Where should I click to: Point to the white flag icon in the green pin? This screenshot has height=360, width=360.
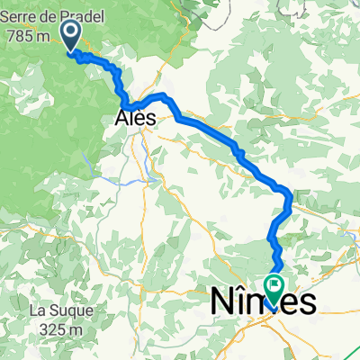click(274, 284)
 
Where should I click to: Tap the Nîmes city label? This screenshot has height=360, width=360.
click(264, 303)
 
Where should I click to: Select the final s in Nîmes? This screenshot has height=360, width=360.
click(308, 304)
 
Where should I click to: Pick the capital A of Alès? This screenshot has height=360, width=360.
click(123, 118)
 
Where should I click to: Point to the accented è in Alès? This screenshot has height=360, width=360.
click(143, 118)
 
